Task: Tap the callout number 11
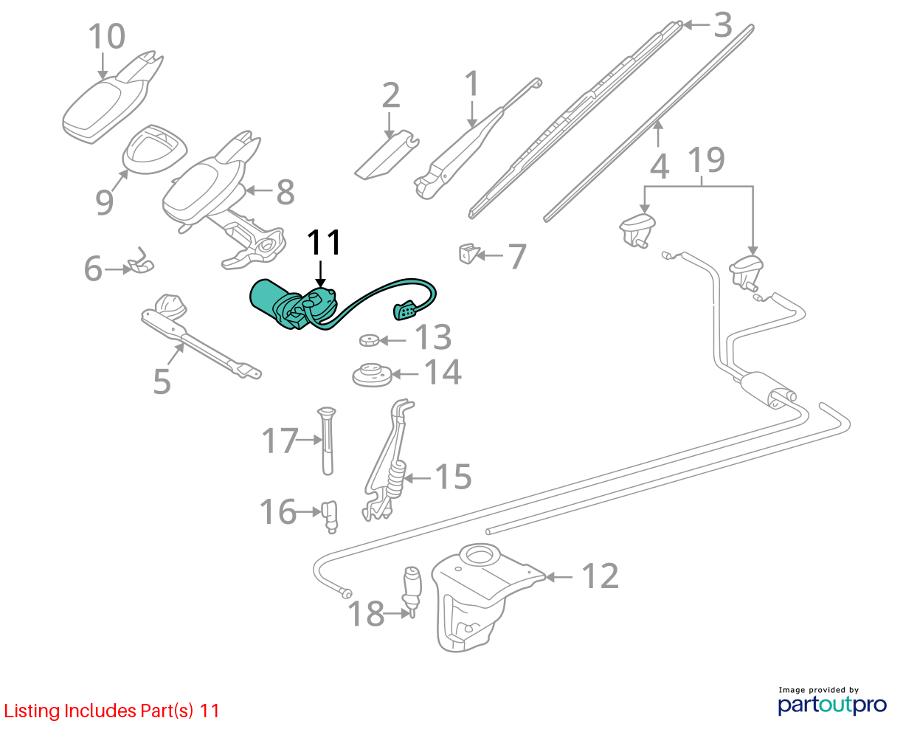coord(324,242)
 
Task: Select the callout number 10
coord(107,36)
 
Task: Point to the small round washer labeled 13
coord(370,340)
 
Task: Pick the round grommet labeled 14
coord(373,375)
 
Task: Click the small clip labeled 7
coord(468,253)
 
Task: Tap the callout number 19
coord(706,160)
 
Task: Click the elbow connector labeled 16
coord(331,517)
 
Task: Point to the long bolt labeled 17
coord(326,441)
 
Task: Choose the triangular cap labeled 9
coord(155,149)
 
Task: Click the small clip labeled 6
coord(141,263)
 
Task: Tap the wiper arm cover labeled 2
coord(387,155)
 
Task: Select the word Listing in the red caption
coord(32,711)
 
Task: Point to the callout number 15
coord(453,477)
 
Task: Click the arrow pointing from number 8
coord(259,190)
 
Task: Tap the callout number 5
coord(162,381)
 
